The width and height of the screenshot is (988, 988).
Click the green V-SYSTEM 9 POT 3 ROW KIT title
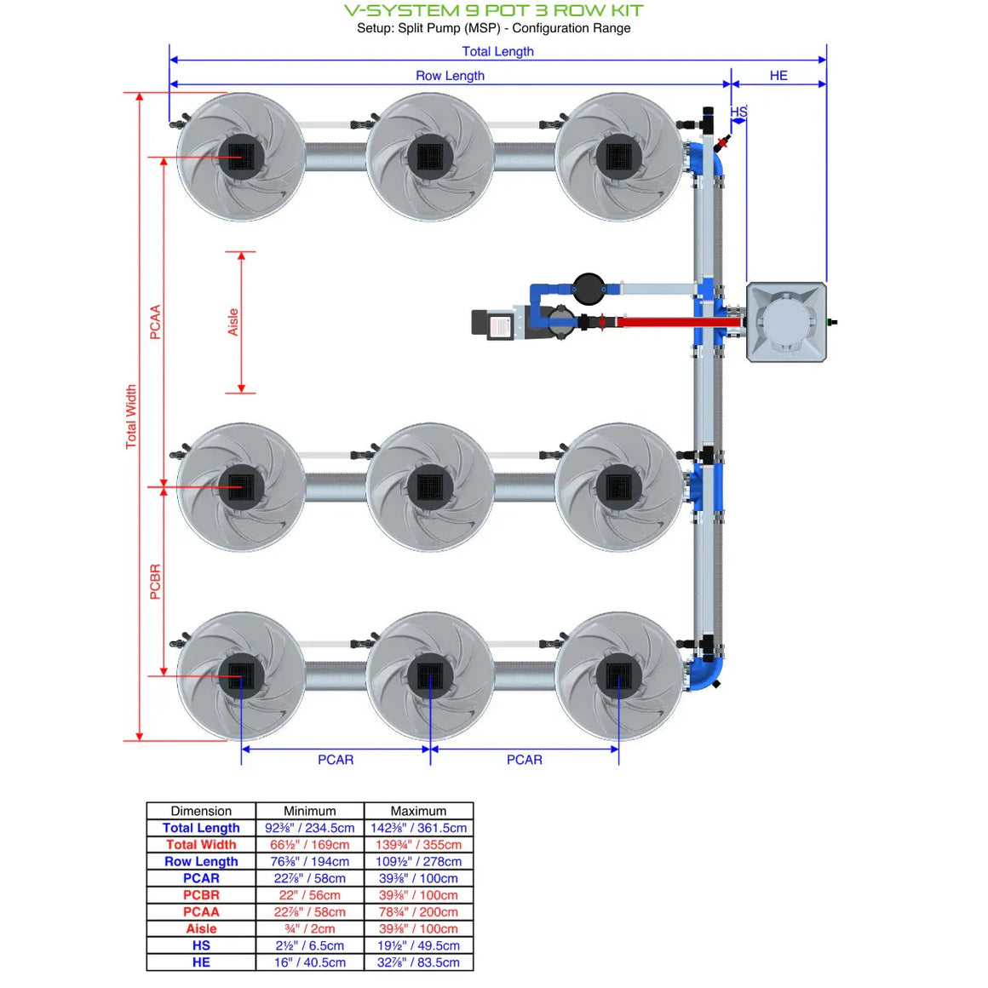coord(493,11)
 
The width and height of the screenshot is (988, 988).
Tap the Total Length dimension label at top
coord(497,51)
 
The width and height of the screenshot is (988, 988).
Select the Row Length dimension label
coord(450,76)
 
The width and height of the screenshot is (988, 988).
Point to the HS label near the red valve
coord(738,112)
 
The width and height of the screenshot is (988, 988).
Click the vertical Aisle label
coord(233,322)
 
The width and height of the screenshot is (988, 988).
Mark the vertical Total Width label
coord(131,416)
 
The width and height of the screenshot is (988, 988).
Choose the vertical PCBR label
coord(155,582)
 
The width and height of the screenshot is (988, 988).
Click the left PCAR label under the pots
coord(336,760)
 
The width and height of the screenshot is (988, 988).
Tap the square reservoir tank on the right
coord(786,323)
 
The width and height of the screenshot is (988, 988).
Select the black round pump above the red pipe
coord(588,289)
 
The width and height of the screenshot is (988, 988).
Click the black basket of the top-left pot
coord(241,158)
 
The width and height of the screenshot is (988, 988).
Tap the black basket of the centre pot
coord(430,487)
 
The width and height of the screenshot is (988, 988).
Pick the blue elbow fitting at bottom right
coord(707,673)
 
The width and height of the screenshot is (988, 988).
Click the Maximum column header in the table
coord(418,811)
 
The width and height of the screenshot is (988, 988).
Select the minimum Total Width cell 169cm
coord(310,845)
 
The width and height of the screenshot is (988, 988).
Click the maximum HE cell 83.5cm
coord(418,962)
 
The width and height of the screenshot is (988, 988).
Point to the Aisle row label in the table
coord(201,928)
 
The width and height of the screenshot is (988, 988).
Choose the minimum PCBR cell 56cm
coord(310,895)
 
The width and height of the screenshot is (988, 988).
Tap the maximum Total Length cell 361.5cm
coord(418,828)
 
